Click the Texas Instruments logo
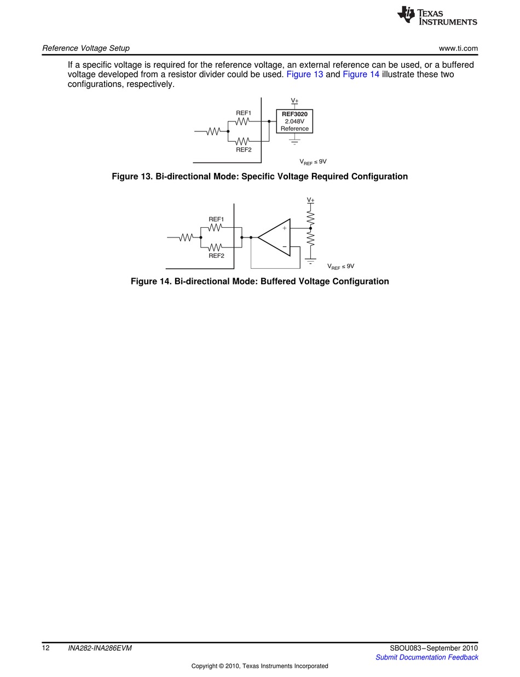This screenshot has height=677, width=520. tap(437, 15)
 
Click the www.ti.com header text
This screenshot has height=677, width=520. tap(458, 48)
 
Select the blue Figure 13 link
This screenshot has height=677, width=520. tap(305, 74)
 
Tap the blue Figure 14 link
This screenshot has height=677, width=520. tap(361, 74)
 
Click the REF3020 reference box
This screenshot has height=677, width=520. tap(294, 121)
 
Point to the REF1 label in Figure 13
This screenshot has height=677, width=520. tap(244, 113)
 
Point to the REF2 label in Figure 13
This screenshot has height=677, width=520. tap(244, 150)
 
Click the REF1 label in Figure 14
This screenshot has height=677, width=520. tap(216, 219)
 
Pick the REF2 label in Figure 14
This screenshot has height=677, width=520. tap(217, 256)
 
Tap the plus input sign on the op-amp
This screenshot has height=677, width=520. tap(285, 228)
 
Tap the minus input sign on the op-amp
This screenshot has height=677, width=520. tap(285, 247)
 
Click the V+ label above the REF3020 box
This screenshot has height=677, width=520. tap(294, 100)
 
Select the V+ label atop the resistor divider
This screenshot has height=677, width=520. tap(310, 200)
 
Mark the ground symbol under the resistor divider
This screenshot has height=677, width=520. tap(310, 261)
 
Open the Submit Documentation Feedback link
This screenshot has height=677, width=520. tap(426, 657)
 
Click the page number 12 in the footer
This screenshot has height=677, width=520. tap(46, 649)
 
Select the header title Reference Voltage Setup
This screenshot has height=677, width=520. tap(86, 48)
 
